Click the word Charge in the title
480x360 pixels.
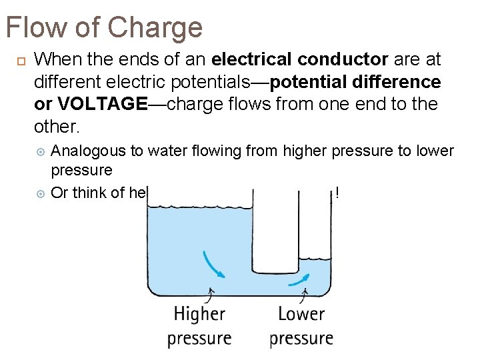pyautogui.click(x=154, y=28)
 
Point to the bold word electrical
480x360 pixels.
pyautogui.click(x=253, y=59)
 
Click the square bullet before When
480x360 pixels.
pyautogui.click(x=20, y=61)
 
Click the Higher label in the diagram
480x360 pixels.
pyautogui.click(x=199, y=314)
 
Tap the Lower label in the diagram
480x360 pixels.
pyautogui.click(x=301, y=314)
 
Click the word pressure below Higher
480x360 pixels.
pyautogui.click(x=199, y=338)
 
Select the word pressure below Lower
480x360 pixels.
pyautogui.click(x=301, y=338)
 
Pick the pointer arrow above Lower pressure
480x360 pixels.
pyautogui.click(x=305, y=294)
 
